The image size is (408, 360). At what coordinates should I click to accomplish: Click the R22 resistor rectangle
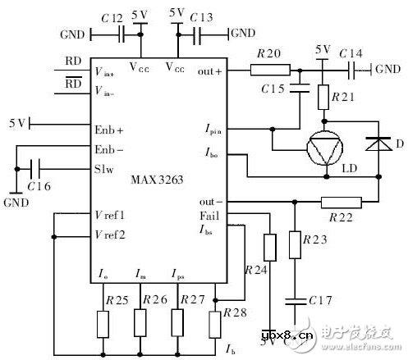[x=340, y=201]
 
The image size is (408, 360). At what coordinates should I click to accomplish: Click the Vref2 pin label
[x=109, y=235]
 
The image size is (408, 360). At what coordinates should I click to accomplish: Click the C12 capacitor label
[x=113, y=16]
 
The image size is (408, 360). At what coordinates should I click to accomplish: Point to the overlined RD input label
[x=74, y=84]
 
